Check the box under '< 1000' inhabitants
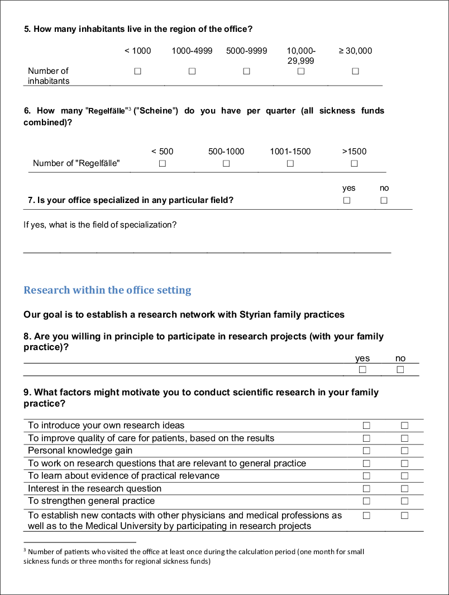(x=137, y=71)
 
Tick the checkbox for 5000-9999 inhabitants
(x=246, y=71)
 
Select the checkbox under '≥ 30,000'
(x=355, y=71)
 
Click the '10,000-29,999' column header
(x=300, y=56)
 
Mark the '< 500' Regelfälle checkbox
(x=162, y=163)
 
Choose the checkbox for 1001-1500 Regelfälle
(x=290, y=163)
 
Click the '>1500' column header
(x=354, y=151)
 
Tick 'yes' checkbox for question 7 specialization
(x=347, y=200)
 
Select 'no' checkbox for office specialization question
(x=384, y=200)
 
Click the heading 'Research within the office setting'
(x=107, y=290)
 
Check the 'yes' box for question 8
(x=362, y=370)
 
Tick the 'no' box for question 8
(x=400, y=370)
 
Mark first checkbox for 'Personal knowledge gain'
(x=366, y=451)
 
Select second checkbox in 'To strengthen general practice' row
(x=404, y=501)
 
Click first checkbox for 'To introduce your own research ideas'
(x=366, y=426)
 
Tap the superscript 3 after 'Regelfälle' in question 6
(x=130, y=108)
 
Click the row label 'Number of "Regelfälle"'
(x=76, y=163)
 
